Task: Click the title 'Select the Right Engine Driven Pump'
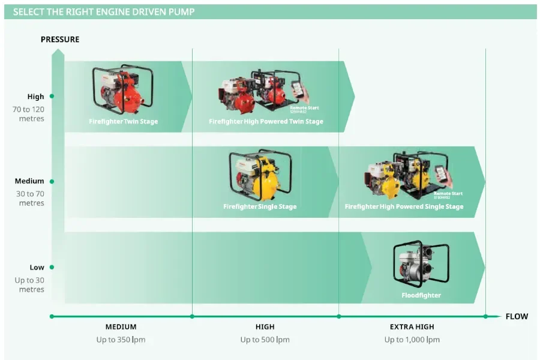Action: click(x=104, y=12)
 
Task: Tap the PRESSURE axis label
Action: click(x=60, y=40)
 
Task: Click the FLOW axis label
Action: click(x=517, y=316)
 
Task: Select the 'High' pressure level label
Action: click(x=35, y=97)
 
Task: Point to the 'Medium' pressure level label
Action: click(x=30, y=181)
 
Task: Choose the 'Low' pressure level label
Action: click(x=37, y=268)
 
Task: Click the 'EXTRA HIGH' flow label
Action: click(x=412, y=327)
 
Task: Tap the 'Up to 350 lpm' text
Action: click(x=121, y=340)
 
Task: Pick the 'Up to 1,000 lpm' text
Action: click(x=412, y=340)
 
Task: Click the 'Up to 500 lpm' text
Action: click(x=265, y=340)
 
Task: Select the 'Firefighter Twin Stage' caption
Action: click(x=123, y=122)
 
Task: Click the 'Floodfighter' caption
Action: click(x=421, y=295)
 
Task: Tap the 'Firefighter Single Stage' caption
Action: click(x=260, y=207)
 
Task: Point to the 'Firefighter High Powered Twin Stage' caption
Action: click(x=266, y=122)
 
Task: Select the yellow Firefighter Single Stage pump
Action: click(x=260, y=175)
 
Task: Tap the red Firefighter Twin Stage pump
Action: click(x=122, y=89)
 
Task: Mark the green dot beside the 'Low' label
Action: click(x=52, y=268)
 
